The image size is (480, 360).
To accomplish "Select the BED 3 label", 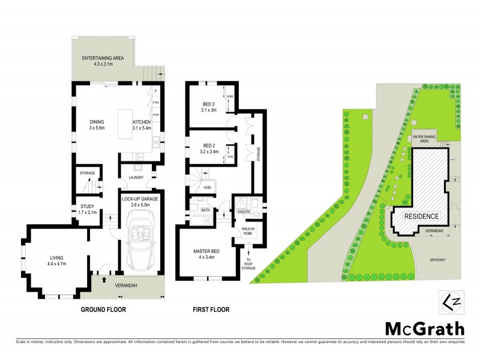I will [208, 105].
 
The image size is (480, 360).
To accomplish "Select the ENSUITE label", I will [243, 211].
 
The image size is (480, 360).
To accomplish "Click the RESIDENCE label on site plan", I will [421, 217].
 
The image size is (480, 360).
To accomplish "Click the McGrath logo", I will [424, 328].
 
